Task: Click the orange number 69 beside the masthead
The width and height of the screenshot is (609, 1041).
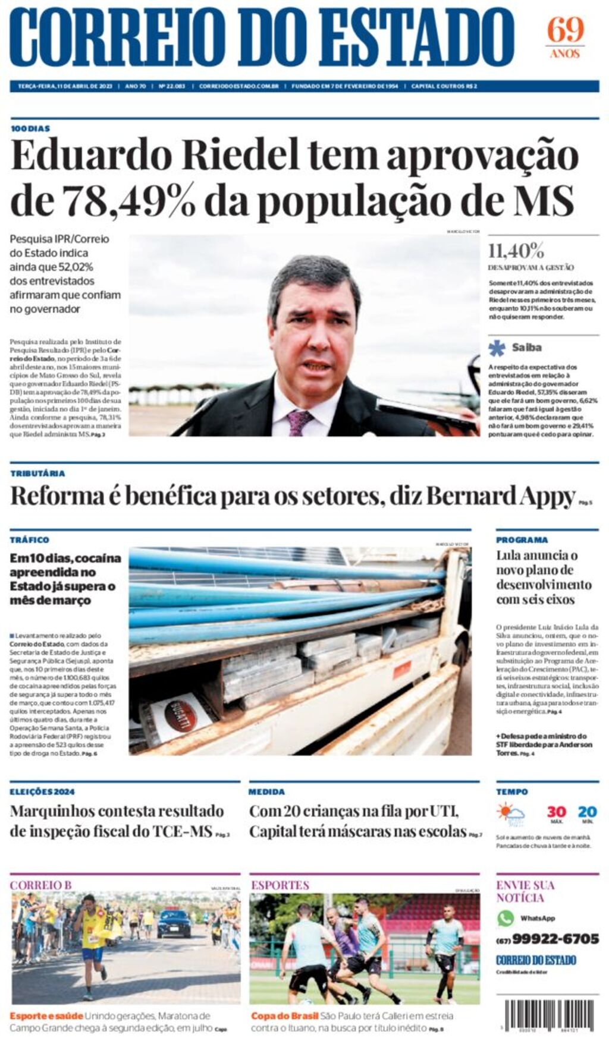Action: tap(565, 30)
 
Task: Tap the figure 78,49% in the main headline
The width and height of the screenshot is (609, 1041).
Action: tap(129, 201)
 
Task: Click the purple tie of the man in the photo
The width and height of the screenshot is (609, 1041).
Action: tap(300, 421)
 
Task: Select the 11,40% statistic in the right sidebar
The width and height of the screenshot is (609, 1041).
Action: tap(516, 250)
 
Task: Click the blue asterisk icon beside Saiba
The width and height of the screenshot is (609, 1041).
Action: tap(497, 348)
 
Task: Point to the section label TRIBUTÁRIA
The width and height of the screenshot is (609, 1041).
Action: tap(37, 474)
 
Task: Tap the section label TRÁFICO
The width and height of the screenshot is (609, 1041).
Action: tap(29, 540)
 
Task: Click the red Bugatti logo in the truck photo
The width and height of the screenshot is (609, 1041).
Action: tap(181, 715)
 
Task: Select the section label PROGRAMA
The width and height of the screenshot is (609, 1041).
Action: tap(522, 540)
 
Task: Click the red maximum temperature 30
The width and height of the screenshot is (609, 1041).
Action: tap(556, 812)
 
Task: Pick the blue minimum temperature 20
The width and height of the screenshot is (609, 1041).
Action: tap(587, 812)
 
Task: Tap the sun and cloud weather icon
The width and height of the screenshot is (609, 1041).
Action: tap(511, 814)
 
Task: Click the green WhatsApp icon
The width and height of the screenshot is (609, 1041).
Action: tap(506, 918)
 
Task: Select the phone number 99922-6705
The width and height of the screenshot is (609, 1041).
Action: tap(555, 939)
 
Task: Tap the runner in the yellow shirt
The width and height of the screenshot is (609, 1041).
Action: tap(93, 942)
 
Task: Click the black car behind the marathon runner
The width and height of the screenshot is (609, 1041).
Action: tap(174, 926)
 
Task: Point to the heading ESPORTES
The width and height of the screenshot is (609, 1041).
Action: tap(280, 885)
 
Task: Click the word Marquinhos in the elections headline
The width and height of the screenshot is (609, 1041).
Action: tap(52, 812)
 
